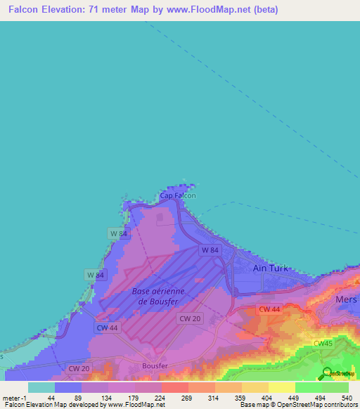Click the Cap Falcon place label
coord(178,196)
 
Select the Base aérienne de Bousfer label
coord(157,296)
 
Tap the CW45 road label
coord(323,343)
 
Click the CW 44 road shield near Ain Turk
coord(269,309)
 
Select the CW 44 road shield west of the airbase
coord(107,327)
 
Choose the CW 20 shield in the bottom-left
coord(79,368)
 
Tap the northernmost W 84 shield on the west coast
coord(117,233)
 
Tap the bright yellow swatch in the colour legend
coord(281,387)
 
